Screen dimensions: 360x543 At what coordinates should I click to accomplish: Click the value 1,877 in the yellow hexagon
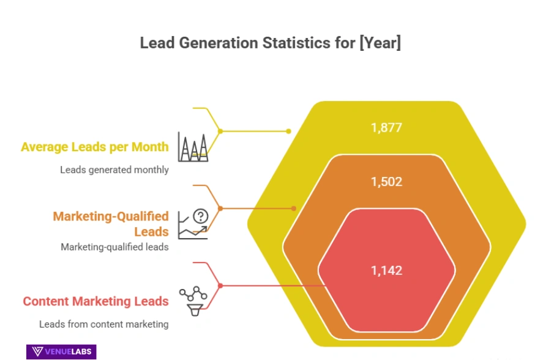(386, 128)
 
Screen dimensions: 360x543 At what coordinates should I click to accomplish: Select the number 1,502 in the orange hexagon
(386, 182)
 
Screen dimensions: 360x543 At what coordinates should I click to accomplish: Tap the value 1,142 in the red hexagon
(386, 270)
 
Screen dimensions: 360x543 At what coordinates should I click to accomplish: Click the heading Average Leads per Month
(95, 147)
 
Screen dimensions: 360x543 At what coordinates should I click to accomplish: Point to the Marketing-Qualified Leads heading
(110, 224)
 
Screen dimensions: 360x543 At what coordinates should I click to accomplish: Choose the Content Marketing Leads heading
(95, 301)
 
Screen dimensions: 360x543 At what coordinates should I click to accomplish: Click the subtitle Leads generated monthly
(114, 170)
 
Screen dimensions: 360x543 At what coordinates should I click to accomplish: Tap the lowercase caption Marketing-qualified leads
(114, 247)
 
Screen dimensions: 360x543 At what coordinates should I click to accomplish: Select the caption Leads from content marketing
(103, 324)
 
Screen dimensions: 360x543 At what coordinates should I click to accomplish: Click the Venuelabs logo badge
(61, 351)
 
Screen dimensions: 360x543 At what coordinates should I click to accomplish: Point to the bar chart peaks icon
(192, 146)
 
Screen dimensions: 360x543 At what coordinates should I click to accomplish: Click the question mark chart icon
(193, 223)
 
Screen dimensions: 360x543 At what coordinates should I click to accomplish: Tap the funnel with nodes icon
(193, 299)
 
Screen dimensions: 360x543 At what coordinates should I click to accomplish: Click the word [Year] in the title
(380, 43)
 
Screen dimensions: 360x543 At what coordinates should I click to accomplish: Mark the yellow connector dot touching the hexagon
(288, 131)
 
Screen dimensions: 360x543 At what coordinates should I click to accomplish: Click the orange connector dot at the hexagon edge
(294, 208)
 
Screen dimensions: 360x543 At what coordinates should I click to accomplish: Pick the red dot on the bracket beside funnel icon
(220, 285)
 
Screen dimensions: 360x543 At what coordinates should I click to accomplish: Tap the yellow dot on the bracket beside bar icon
(220, 131)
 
